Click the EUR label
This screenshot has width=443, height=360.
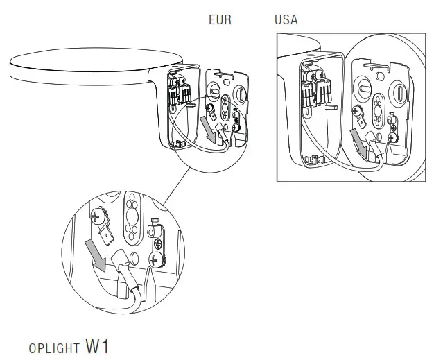pyautogui.click(x=220, y=20)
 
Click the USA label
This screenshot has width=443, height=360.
pyautogui.click(x=286, y=20)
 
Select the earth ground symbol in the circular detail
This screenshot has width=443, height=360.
pyautogui.click(x=158, y=242)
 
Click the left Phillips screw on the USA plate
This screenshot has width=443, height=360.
pyautogui.click(x=360, y=110)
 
